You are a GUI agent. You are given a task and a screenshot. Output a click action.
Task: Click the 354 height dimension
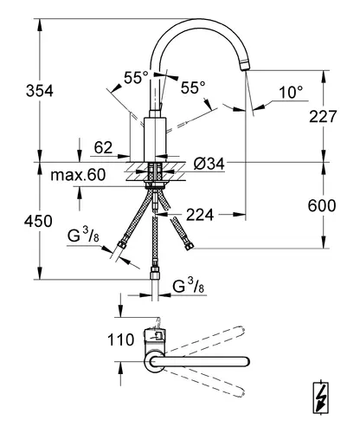[x=40, y=91]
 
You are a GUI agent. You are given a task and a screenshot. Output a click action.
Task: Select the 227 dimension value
[x=323, y=117]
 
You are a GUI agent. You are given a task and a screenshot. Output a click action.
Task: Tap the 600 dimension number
[x=322, y=205]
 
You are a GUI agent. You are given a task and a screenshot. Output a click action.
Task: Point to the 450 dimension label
[x=38, y=221]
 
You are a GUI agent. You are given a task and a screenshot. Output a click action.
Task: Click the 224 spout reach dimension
[x=200, y=215]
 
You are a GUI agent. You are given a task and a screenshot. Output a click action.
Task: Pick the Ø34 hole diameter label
[x=209, y=164]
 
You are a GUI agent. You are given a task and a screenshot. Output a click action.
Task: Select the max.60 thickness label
[x=78, y=175]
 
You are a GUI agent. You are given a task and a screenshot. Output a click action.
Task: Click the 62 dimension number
[x=103, y=147]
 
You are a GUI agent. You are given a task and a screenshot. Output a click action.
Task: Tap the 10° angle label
[x=291, y=93]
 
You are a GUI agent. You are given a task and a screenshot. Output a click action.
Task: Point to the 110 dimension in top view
[x=121, y=339]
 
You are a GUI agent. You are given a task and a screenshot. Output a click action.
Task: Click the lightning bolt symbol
[x=321, y=398]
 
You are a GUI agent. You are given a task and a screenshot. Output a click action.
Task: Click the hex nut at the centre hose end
[x=155, y=273]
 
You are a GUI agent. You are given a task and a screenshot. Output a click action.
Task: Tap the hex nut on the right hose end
[x=189, y=246]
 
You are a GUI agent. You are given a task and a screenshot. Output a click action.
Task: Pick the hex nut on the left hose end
[x=122, y=242]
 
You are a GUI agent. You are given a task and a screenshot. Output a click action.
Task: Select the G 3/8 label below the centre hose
[x=188, y=287]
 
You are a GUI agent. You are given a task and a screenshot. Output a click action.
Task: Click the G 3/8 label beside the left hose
[x=83, y=236]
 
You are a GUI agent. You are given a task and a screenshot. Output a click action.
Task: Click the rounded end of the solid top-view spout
[x=246, y=362]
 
